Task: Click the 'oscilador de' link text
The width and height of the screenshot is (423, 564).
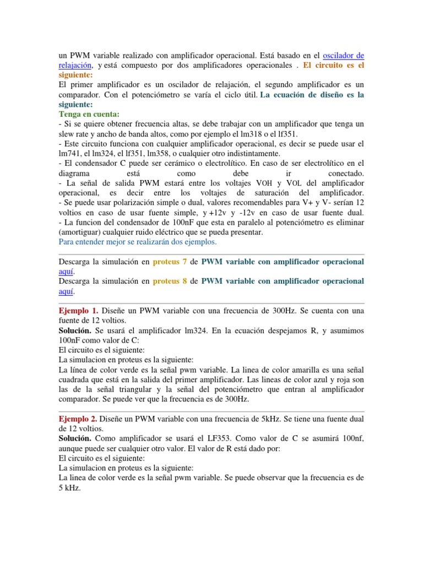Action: tap(343, 56)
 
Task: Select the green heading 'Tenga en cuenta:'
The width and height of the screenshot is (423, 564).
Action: tap(84, 114)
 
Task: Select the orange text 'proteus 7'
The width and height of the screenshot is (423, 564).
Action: tap(171, 262)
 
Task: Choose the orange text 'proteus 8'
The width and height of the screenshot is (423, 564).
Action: tap(171, 281)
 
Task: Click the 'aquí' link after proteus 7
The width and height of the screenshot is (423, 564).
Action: tap(66, 272)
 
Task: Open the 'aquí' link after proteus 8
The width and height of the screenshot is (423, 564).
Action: tap(66, 291)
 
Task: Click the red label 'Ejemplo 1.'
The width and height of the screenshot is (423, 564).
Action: tap(78, 311)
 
